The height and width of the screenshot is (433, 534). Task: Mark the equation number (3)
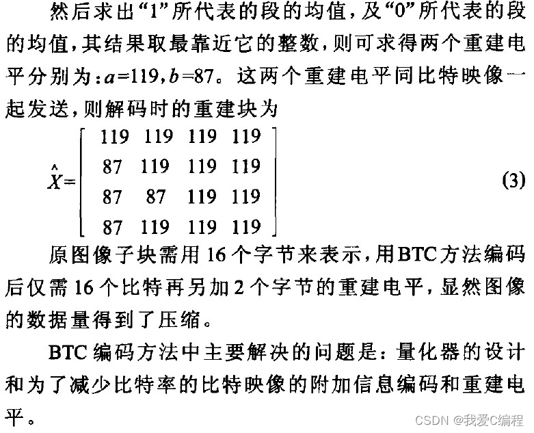pos(511,181)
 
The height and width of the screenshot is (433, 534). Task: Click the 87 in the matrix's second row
pos(112,166)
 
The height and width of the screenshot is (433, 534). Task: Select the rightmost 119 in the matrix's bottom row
pos(246,226)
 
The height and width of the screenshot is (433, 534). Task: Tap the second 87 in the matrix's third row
pos(156,197)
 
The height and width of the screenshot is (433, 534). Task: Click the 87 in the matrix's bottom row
pos(112,226)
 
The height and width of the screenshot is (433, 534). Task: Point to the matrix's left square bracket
pos(83,181)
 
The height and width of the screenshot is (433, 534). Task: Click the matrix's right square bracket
pos(273,181)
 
